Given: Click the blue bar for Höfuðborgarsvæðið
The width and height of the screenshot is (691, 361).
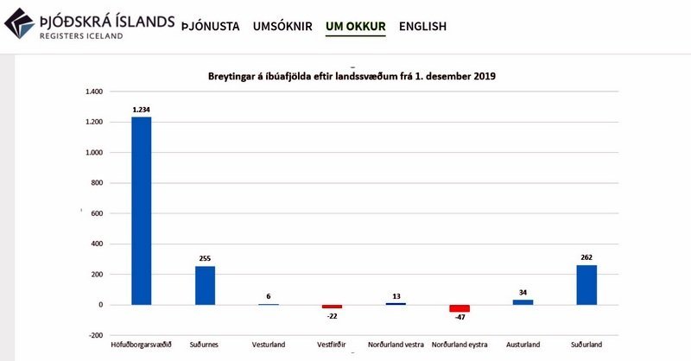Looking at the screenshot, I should point(142,210).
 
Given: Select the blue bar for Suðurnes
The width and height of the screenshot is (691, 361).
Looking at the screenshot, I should point(205,285).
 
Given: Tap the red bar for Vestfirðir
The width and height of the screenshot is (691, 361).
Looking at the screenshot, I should point(332,307).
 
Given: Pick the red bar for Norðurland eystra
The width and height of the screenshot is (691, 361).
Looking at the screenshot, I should point(460,308).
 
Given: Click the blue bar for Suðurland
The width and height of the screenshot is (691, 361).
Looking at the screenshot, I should point(586,284).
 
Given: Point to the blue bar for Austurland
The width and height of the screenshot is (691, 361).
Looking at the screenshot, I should point(523,301).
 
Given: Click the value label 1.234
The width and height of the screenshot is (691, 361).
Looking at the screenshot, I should point(142,110).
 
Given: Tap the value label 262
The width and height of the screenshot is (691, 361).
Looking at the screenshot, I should point(586,256).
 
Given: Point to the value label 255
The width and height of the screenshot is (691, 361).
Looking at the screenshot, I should point(205,257).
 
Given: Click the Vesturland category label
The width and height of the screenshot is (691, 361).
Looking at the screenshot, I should point(268,345).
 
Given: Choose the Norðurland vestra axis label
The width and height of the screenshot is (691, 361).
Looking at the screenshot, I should point(396,345).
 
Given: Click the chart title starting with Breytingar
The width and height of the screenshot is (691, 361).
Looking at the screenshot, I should point(351,76).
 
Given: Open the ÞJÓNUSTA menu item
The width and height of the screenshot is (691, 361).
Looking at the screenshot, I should point(211,26).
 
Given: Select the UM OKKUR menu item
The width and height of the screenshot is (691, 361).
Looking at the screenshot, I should point(355,26).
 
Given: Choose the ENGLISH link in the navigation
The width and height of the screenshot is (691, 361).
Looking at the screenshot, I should point(422,26).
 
